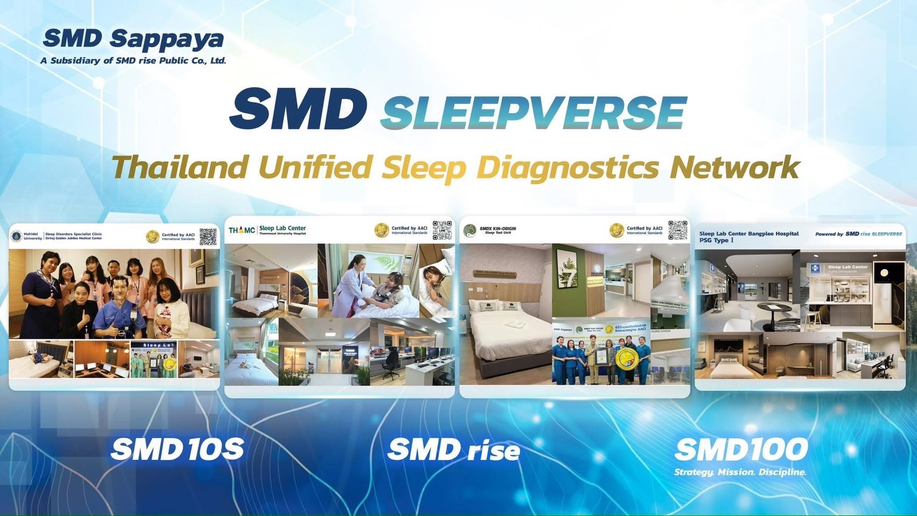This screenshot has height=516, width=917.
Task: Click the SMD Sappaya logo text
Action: coord(133,39)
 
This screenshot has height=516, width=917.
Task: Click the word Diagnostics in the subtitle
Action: coord(568,167)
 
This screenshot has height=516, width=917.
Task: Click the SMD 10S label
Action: coord(177,449)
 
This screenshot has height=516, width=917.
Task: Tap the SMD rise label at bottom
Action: coord(454,450)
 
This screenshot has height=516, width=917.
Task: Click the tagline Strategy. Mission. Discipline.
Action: coord(740,472)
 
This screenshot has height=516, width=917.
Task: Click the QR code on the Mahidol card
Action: coord(208,236)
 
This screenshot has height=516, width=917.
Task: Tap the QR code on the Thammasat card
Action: coord(442,230)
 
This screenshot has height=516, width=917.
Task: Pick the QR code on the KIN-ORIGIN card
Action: coord(678,230)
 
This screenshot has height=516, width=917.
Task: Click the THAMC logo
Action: coord(242,230)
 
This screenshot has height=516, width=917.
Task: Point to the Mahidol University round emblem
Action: coord(17,236)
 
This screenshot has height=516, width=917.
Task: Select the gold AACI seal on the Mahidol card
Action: coord(153,236)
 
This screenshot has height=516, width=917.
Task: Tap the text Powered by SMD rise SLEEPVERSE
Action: coord(858,234)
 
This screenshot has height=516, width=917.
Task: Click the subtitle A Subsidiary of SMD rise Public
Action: coord(133,61)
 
